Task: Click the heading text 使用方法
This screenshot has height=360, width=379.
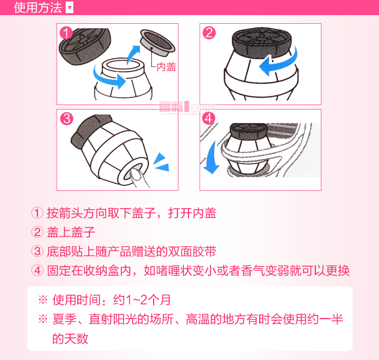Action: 38,8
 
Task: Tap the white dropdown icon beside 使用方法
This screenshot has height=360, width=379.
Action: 70,8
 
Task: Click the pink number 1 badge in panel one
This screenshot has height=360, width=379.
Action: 66,33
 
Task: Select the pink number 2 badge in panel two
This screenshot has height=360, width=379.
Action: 209,33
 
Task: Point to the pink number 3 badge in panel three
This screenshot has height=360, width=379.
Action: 67,119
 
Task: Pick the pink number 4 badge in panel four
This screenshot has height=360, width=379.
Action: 209,118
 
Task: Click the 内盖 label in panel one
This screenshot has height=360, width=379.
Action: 166,67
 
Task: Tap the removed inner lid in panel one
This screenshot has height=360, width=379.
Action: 157,42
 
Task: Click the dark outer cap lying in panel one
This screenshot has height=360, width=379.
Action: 84,46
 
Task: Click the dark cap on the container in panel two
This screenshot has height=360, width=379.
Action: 262,42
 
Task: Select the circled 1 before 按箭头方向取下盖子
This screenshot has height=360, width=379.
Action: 37,213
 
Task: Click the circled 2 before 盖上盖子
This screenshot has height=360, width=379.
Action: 37,232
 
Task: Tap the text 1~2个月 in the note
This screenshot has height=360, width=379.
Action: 149,300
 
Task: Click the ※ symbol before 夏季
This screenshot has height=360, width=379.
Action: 43,319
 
